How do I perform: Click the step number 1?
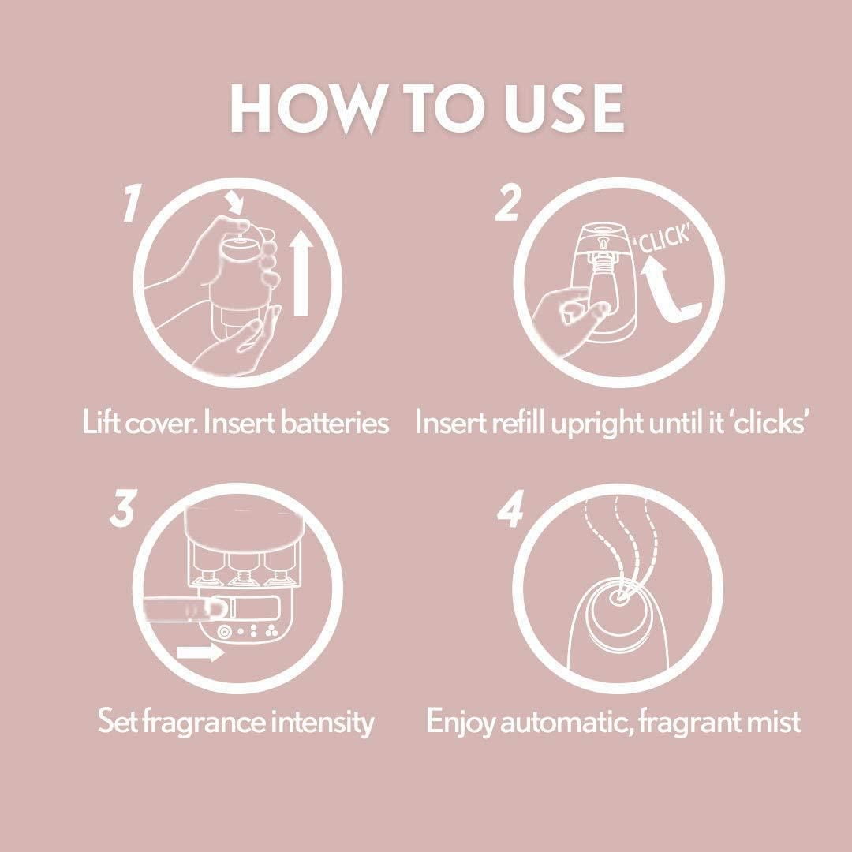coord(129,204)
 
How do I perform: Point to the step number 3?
coord(122,510)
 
